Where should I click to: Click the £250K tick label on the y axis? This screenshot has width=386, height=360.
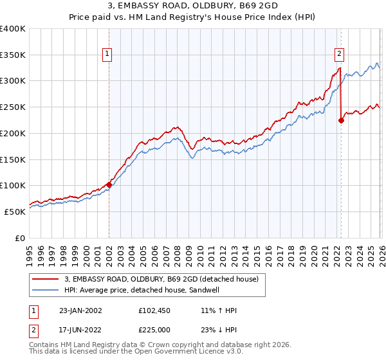point(13,107)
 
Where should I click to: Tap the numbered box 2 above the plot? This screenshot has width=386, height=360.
point(339,55)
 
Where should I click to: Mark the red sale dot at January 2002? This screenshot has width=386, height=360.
point(109,184)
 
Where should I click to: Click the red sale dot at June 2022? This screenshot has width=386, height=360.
point(341,120)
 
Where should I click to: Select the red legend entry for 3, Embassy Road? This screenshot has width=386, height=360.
point(161,279)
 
